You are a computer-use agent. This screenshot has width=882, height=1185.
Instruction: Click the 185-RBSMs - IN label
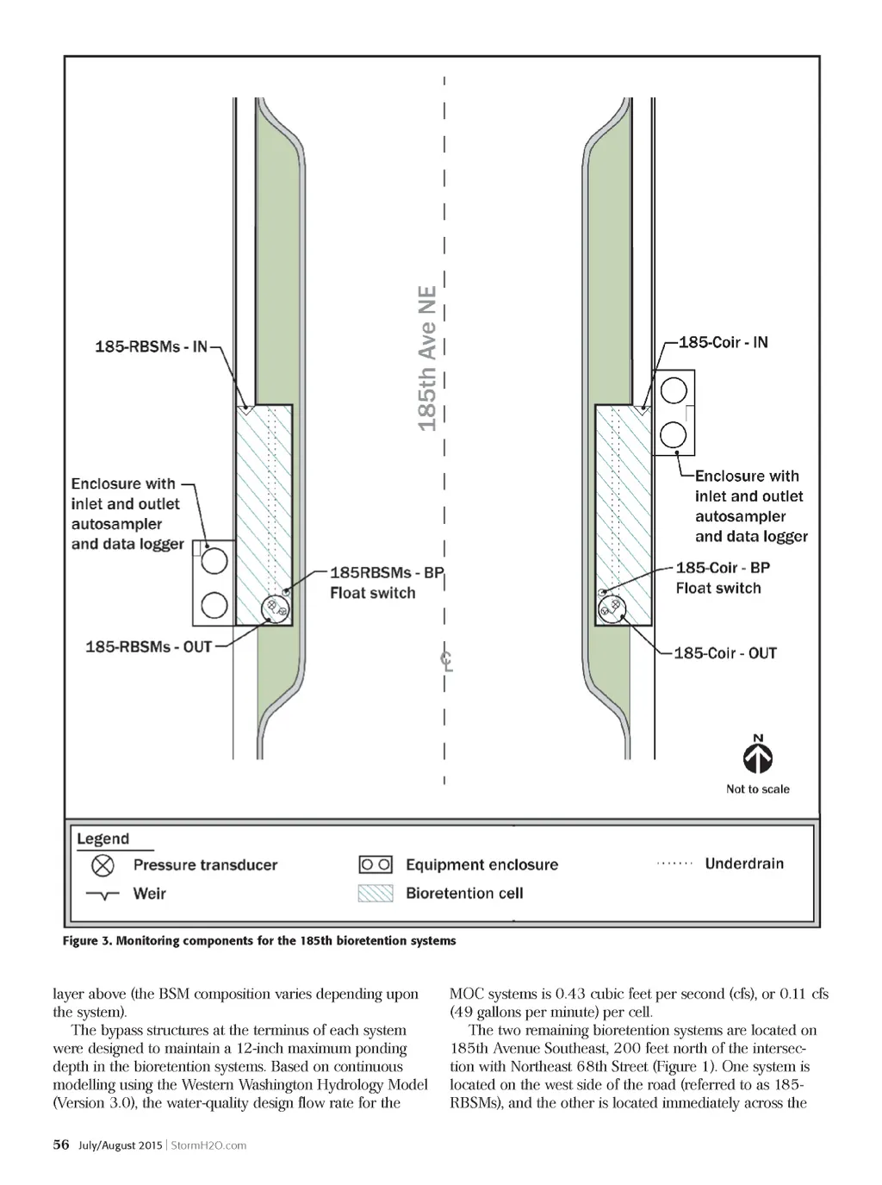(152, 346)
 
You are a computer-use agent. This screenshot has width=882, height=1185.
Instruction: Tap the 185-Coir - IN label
(723, 342)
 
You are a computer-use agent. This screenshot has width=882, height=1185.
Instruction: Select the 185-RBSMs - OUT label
(148, 646)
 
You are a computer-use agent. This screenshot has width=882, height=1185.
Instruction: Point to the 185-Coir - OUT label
(725, 653)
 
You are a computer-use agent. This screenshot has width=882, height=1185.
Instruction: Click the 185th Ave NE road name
(427, 359)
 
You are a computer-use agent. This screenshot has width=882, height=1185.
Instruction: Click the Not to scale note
(758, 789)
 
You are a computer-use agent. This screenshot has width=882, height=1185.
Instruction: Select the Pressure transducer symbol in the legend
(102, 865)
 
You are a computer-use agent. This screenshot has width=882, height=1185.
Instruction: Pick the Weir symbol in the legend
(102, 895)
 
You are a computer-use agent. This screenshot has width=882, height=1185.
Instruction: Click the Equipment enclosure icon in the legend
(376, 864)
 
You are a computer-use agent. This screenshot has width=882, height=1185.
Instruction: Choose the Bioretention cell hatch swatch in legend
(376, 894)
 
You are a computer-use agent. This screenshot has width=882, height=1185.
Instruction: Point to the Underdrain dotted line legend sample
(674, 864)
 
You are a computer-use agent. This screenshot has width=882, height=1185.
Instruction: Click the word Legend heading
(102, 839)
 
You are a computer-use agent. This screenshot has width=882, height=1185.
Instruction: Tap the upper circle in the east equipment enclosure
(674, 391)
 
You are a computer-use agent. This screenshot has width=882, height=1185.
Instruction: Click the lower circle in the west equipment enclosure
(214, 606)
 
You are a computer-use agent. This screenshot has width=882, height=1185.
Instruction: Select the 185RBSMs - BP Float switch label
(385, 583)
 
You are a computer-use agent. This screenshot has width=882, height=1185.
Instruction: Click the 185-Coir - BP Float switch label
(722, 577)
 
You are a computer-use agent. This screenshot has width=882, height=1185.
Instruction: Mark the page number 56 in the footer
(61, 1144)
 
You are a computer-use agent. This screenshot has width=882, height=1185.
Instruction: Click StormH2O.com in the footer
(208, 1145)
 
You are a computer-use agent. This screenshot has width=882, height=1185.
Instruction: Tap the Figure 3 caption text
(259, 940)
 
